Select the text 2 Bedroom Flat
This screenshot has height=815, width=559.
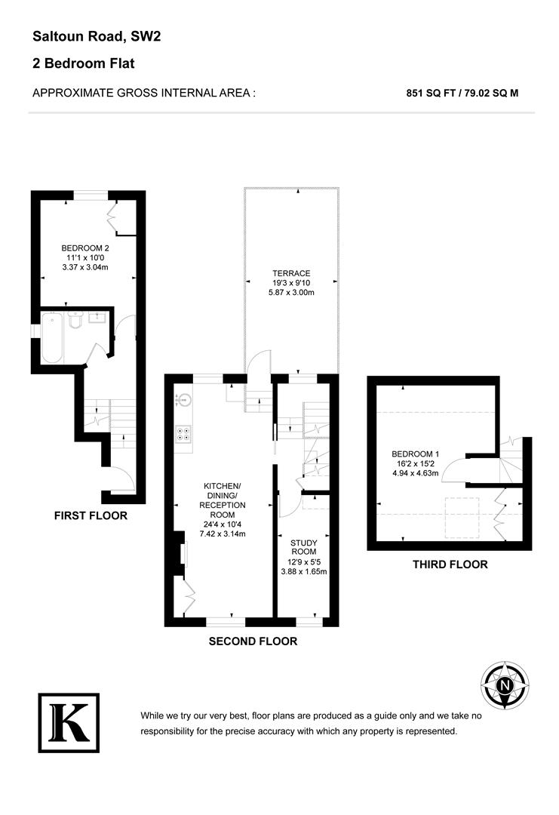coord(83,63)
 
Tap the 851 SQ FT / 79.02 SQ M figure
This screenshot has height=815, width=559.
coord(462,94)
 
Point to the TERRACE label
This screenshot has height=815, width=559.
coord(291,273)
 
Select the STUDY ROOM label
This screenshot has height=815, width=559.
coord(304,547)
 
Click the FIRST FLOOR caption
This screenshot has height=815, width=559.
coord(91,516)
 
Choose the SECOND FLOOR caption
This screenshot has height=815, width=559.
coord(253,641)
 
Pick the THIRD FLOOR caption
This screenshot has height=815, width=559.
coord(450,564)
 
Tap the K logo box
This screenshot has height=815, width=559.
coord(69,723)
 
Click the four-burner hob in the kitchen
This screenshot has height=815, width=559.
coord(184,434)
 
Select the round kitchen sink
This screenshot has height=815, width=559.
coord(184,400)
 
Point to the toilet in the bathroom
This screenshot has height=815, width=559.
coord(75,321)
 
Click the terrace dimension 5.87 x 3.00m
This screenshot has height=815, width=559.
coord(291,294)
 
